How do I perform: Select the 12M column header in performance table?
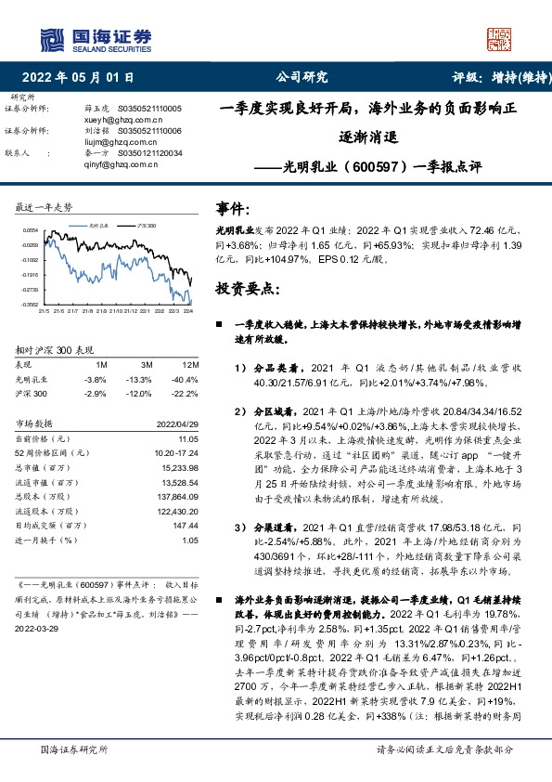189,365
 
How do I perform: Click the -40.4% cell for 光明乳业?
186,381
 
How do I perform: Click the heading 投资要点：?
247,288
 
